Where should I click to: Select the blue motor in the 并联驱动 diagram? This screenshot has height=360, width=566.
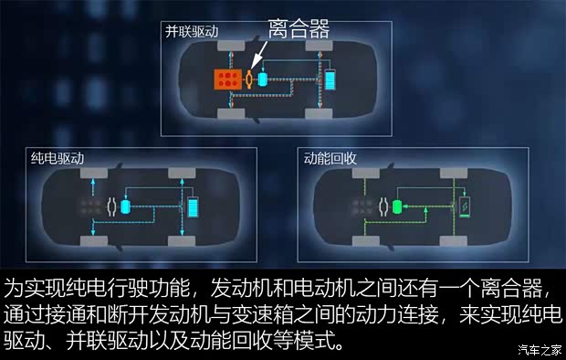264,79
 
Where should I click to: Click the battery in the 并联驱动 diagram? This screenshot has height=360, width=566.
330,79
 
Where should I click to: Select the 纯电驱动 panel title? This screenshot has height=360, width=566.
57,158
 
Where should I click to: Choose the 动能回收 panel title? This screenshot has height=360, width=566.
330,158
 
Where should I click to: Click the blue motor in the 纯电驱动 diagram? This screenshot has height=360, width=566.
126,207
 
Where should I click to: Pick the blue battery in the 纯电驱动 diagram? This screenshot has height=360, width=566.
194,206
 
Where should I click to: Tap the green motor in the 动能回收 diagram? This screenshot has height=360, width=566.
398,207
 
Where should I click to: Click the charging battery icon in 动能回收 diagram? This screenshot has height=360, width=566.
466,206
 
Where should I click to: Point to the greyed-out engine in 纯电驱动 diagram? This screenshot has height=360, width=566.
89,207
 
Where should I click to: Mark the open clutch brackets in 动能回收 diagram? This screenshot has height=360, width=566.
383,207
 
